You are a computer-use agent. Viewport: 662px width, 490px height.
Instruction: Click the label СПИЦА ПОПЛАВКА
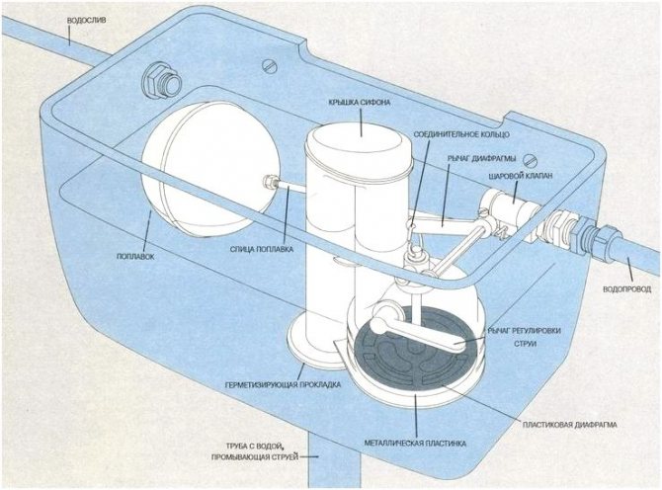[x=261, y=249]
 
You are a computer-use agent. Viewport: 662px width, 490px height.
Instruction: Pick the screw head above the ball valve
[x=533, y=158]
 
